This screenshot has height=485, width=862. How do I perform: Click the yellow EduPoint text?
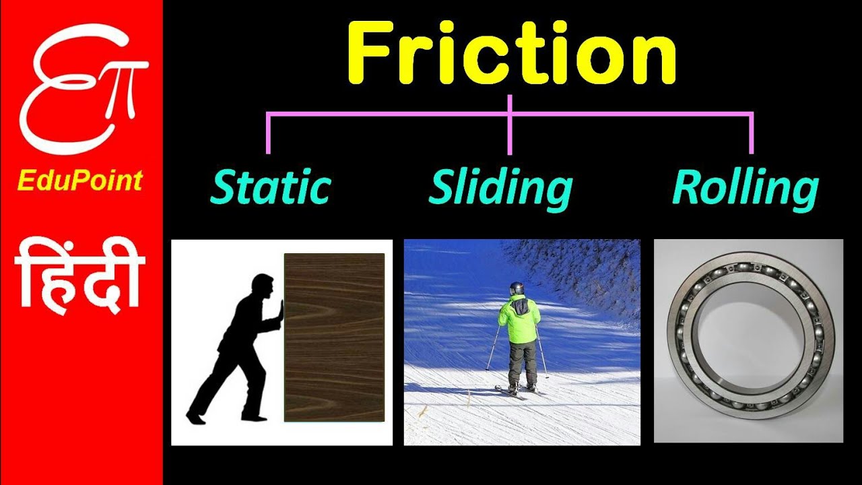(x=80, y=181)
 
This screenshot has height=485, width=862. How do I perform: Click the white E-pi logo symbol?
(x=81, y=88)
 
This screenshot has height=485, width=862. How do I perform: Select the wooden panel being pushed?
(x=334, y=337)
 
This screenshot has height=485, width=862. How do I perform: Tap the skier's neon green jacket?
(x=519, y=320)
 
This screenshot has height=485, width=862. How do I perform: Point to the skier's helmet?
(x=517, y=288)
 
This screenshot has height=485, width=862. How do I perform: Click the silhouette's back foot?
(x=195, y=418)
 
